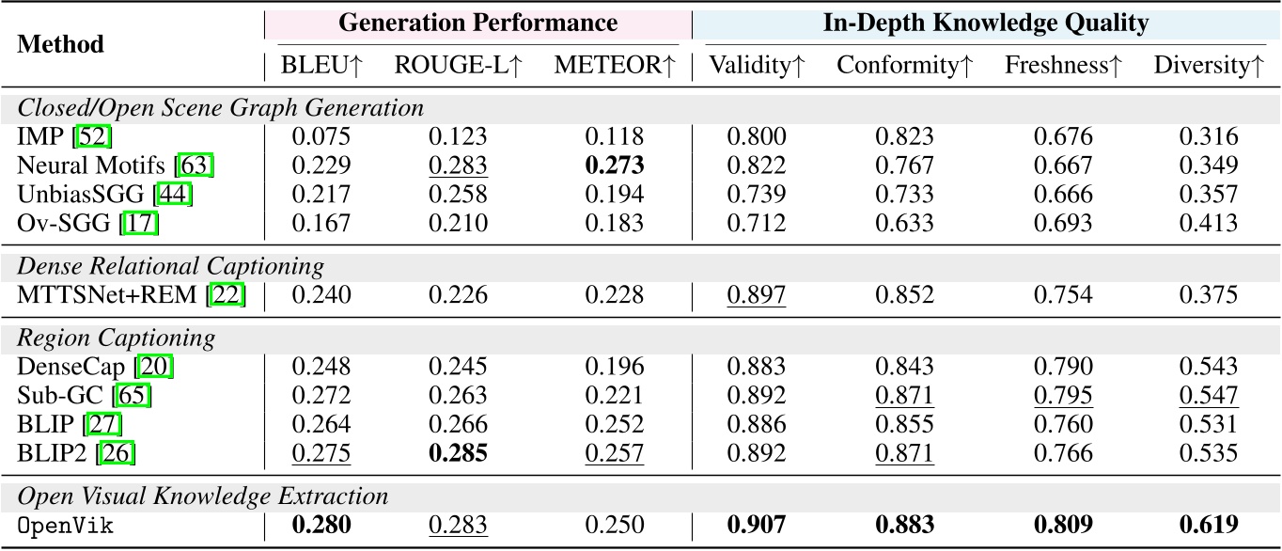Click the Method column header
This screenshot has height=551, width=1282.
(61, 44)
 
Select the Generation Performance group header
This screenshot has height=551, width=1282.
(477, 24)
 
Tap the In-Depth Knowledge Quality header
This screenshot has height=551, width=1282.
(985, 24)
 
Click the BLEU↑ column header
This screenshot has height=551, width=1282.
(321, 66)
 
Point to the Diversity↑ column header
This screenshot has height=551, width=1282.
(1208, 66)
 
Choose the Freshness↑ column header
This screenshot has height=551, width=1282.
(1063, 66)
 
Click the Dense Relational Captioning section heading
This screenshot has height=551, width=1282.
(171, 266)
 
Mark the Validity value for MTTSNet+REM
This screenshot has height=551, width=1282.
(757, 295)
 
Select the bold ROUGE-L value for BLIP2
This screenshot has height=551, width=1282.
(458, 454)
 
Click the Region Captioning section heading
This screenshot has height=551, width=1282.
(117, 338)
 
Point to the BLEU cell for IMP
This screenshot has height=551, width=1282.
(321, 137)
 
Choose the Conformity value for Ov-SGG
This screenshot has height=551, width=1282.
(904, 225)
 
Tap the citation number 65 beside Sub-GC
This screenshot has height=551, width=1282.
(133, 396)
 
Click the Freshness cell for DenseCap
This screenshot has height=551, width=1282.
(1063, 367)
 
